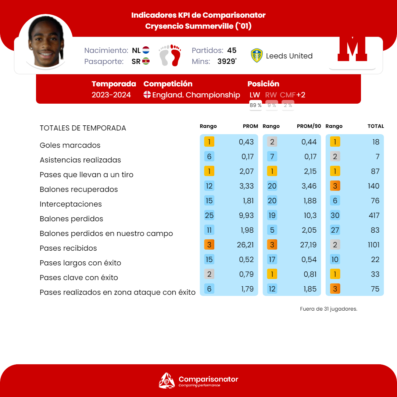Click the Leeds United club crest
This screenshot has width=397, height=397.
click(x=257, y=56)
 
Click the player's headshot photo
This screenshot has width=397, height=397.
click(x=46, y=42)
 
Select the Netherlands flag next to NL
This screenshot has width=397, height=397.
click(x=146, y=50)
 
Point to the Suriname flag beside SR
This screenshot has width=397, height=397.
click(x=146, y=61)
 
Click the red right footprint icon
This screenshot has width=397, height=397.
click(x=176, y=56)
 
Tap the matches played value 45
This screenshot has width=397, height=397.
click(x=232, y=50)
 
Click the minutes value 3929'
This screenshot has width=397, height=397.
click(x=226, y=61)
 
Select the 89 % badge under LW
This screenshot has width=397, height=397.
click(x=255, y=105)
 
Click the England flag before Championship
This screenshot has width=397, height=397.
click(x=147, y=95)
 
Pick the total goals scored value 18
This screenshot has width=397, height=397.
click(x=375, y=142)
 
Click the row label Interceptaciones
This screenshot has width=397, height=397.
click(x=71, y=204)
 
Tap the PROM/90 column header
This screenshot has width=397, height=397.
click(x=309, y=126)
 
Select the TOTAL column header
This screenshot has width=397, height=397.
click(x=376, y=126)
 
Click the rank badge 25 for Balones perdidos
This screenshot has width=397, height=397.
click(x=209, y=215)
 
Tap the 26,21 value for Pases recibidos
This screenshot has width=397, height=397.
click(x=245, y=245)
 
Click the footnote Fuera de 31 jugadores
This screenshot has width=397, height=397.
click(x=329, y=309)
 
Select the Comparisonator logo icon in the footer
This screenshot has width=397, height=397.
click(x=167, y=380)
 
